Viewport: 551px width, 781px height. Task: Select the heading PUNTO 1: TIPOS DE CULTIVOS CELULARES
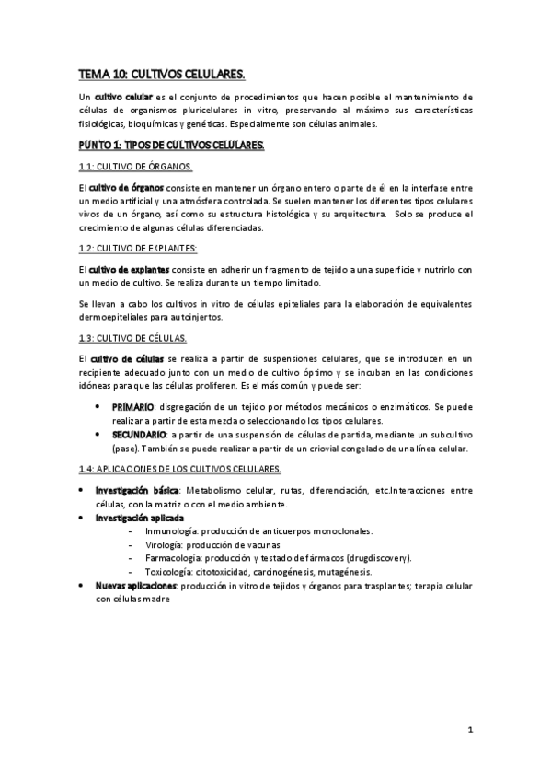pyautogui.click(x=170, y=146)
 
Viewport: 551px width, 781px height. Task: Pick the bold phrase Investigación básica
pyautogui.click(x=138, y=491)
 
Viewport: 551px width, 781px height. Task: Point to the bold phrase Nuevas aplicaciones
pyautogui.click(x=136, y=585)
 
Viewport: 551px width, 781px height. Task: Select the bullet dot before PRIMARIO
pyautogui.click(x=98, y=406)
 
